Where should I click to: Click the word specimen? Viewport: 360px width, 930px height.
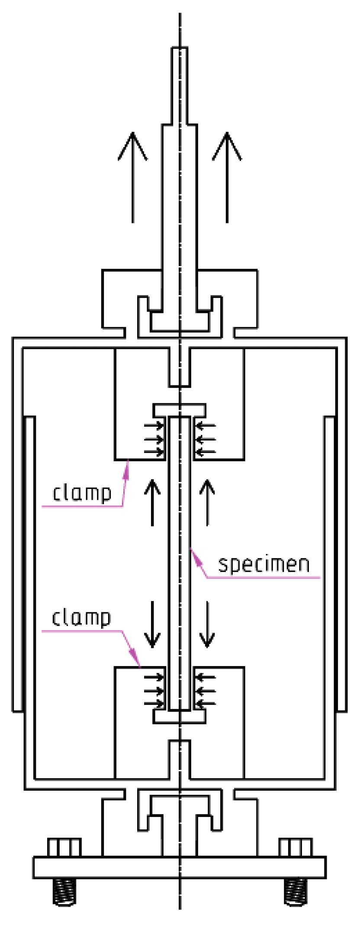point(264,565)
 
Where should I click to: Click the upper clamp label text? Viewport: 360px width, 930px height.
point(82,493)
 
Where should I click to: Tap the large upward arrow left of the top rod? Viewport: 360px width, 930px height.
point(133,177)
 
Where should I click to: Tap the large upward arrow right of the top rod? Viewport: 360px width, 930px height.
point(227,177)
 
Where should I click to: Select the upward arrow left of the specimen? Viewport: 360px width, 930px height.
point(152,502)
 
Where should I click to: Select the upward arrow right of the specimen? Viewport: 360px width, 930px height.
point(208,502)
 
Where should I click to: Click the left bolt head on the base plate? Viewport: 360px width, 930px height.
point(64,847)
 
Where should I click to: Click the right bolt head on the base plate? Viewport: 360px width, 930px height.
point(296,847)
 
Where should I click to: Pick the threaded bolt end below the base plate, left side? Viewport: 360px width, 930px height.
point(64,891)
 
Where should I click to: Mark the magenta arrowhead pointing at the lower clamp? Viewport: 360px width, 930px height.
point(137,661)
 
